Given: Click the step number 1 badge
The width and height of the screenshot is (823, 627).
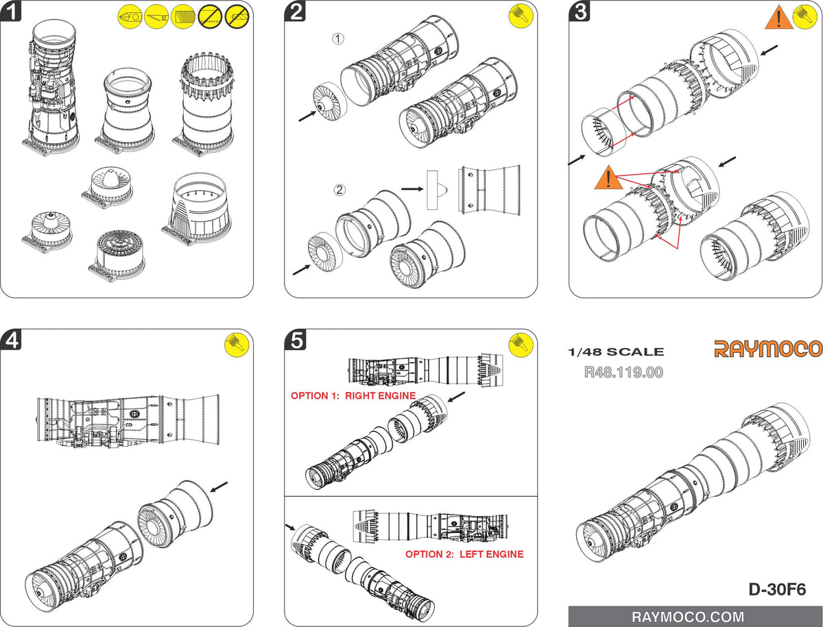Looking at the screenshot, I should click(11, 12).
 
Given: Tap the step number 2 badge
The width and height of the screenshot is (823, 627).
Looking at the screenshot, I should click(296, 12).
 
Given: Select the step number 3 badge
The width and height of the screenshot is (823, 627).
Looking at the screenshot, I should click(580, 12).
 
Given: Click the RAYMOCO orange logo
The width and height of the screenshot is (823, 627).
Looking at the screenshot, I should click(768, 348).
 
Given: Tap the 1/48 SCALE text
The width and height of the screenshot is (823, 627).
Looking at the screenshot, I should click(616, 352).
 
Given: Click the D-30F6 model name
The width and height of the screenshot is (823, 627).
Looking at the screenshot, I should click(776, 589).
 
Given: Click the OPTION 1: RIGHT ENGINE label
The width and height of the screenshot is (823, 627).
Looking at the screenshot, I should click(353, 396).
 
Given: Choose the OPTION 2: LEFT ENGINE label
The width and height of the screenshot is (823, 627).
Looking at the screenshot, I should click(464, 554).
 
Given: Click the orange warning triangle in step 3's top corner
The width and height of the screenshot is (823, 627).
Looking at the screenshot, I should click(777, 19).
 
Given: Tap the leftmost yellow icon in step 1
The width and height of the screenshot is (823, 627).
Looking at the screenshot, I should click(130, 15).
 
